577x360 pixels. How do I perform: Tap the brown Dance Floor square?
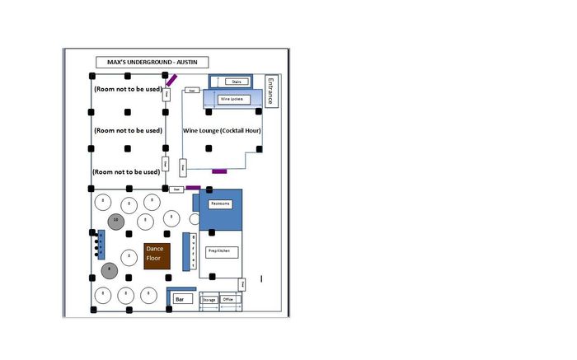(x=157, y=256)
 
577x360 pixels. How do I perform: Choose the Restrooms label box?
(x=220, y=203)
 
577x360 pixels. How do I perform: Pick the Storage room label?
(x=209, y=300)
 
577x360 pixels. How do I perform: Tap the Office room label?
(x=228, y=300)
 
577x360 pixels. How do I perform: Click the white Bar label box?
(x=182, y=300)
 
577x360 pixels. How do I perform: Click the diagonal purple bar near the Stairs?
(x=171, y=80)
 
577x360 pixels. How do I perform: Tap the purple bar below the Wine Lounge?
(x=219, y=171)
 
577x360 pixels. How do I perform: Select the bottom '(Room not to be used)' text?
(x=126, y=171)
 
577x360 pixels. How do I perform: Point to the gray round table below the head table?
(x=109, y=270)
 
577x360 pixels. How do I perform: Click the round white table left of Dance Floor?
(x=129, y=256)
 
